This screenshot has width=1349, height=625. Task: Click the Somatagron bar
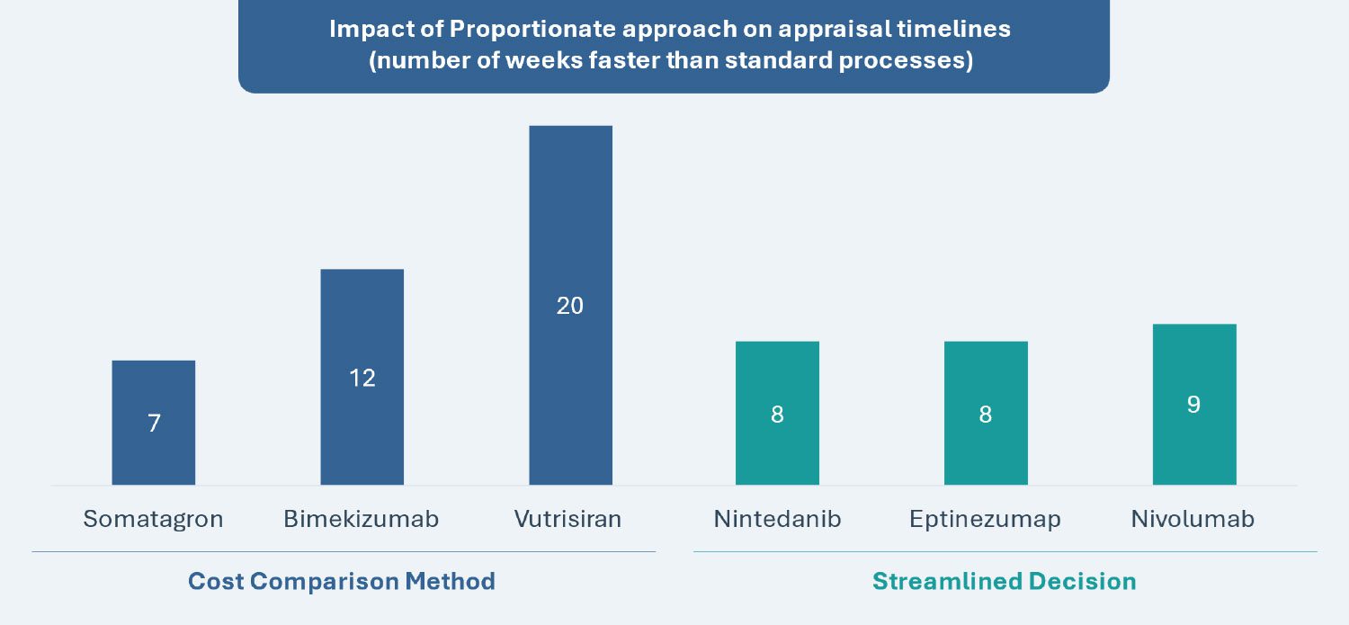pyautogui.click(x=154, y=423)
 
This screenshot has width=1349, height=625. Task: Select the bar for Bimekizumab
pyautogui.click(x=362, y=377)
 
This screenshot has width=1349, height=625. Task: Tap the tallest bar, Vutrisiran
pyautogui.click(x=571, y=305)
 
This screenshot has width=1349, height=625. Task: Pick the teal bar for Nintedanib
pyautogui.click(x=778, y=413)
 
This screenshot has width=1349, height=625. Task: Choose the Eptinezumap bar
pyautogui.click(x=986, y=413)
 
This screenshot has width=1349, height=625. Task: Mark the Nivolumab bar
pyautogui.click(x=1195, y=405)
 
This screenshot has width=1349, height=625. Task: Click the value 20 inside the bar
pyautogui.click(x=569, y=306)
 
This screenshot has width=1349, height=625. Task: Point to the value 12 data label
pyautogui.click(x=362, y=378)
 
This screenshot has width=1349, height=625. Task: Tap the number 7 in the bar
pyautogui.click(x=154, y=424)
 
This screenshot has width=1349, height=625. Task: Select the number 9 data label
pyautogui.click(x=1193, y=405)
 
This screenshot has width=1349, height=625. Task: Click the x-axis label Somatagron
pyautogui.click(x=153, y=519)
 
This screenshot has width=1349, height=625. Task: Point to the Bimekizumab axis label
pyautogui.click(x=362, y=519)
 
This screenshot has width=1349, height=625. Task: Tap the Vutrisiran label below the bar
pyautogui.click(x=567, y=519)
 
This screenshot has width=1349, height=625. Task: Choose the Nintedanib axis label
pyautogui.click(x=778, y=519)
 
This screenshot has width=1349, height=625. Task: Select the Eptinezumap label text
pyautogui.click(x=986, y=519)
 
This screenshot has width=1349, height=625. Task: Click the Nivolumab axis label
pyautogui.click(x=1193, y=519)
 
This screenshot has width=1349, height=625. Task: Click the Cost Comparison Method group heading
pyautogui.click(x=342, y=582)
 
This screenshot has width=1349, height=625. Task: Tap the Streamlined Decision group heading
pyautogui.click(x=1005, y=582)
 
